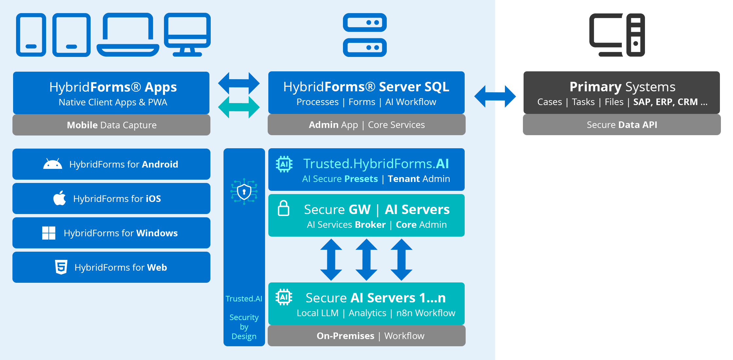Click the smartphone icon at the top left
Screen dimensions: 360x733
tap(31, 35)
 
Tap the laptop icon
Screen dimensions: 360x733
tap(128, 35)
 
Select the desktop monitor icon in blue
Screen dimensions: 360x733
tap(187, 34)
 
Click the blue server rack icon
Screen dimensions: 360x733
tap(365, 35)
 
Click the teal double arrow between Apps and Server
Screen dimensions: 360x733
tap(239, 107)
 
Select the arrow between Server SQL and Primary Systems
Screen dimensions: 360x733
tap(495, 96)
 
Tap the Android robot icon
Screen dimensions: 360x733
tap(53, 164)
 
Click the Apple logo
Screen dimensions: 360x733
tap(60, 198)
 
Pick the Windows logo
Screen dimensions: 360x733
tap(49, 233)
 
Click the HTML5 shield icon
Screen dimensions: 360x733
tap(61, 267)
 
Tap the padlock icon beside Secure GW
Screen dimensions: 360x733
tap(283, 208)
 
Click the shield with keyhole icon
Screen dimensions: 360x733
tap(244, 192)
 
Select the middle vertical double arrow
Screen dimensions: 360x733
tap(366, 260)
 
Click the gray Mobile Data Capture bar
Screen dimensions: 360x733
tap(111, 125)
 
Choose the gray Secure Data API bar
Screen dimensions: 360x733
tap(622, 125)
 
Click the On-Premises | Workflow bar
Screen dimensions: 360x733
tap(366, 336)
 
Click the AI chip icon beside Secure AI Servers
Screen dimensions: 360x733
tap(284, 297)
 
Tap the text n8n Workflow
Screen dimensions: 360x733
tap(425, 313)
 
